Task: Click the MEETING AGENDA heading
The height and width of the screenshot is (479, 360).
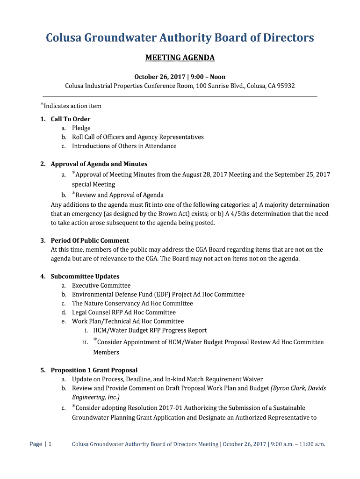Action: pyautogui.click(x=180, y=58)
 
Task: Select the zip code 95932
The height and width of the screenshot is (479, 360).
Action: pyautogui.click(x=286, y=86)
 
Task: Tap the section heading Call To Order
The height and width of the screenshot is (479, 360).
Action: pyautogui.click(x=71, y=119)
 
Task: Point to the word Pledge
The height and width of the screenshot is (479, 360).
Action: pyautogui.click(x=81, y=128)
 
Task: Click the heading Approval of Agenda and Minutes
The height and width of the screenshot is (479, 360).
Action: pyautogui.click(x=99, y=164)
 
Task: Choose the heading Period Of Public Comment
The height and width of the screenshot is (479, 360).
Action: pyautogui.click(x=90, y=241)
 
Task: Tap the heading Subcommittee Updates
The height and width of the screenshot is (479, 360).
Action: pyautogui.click(x=85, y=276)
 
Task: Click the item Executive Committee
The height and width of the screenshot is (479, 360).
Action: pyautogui.click(x=101, y=285)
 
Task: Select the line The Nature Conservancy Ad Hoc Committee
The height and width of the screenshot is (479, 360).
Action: pyautogui.click(x=132, y=303)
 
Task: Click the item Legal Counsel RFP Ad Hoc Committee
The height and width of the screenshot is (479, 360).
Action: pyautogui.click(x=124, y=312)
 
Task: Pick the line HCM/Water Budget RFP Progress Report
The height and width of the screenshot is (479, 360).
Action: pyautogui.click(x=150, y=330)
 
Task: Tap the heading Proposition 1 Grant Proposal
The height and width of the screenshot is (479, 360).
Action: pyautogui.click(x=94, y=370)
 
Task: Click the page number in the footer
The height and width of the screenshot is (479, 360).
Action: pyautogui.click(x=50, y=444)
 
